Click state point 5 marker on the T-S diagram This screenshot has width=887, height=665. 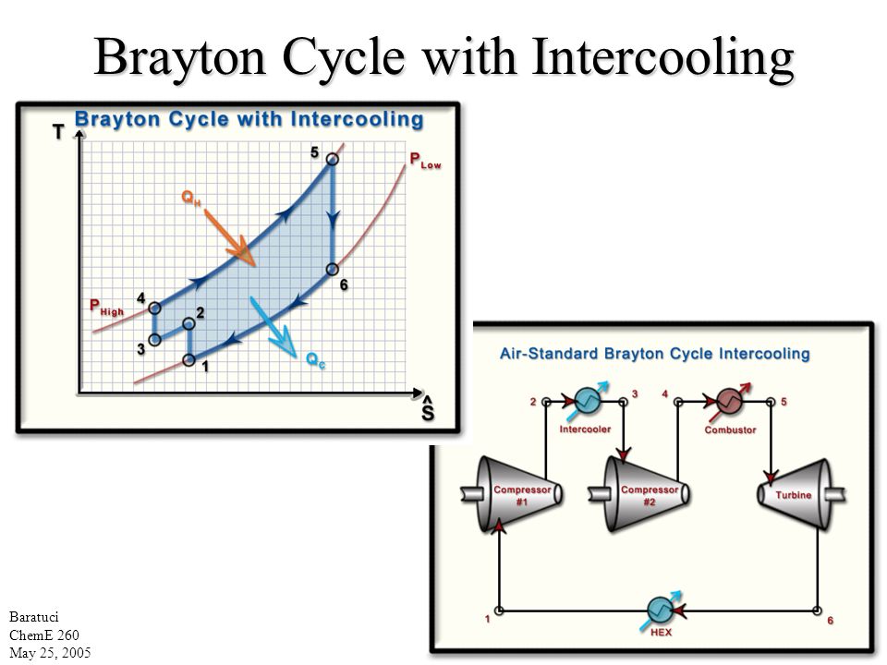(x=332, y=160)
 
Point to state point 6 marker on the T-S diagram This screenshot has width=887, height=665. (x=332, y=270)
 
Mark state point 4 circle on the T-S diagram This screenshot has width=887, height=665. (x=154, y=308)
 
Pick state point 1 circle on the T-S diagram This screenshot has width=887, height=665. (x=189, y=359)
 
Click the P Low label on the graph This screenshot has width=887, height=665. (x=425, y=162)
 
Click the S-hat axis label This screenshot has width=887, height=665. (x=426, y=409)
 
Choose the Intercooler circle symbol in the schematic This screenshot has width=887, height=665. (x=588, y=400)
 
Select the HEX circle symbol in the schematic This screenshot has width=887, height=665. (x=660, y=610)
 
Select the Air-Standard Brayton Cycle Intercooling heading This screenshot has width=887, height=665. (x=655, y=353)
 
